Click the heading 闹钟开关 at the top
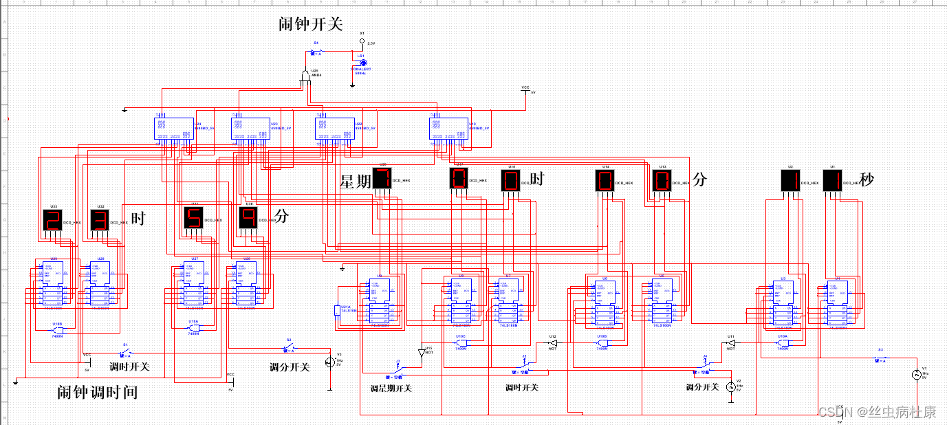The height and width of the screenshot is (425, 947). (310, 25)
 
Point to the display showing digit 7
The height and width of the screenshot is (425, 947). (382, 179)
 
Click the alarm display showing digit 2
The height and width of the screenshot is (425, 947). (52, 220)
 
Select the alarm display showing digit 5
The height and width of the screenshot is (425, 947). (193, 218)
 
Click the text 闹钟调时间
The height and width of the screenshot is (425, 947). (97, 393)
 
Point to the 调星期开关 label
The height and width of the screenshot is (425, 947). (391, 389)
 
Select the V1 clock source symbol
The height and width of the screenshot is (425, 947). (915, 375)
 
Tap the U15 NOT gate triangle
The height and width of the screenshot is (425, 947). (422, 353)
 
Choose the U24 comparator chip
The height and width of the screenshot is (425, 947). (173, 127)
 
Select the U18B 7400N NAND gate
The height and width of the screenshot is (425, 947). (58, 330)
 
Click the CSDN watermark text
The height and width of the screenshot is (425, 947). (877, 412)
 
